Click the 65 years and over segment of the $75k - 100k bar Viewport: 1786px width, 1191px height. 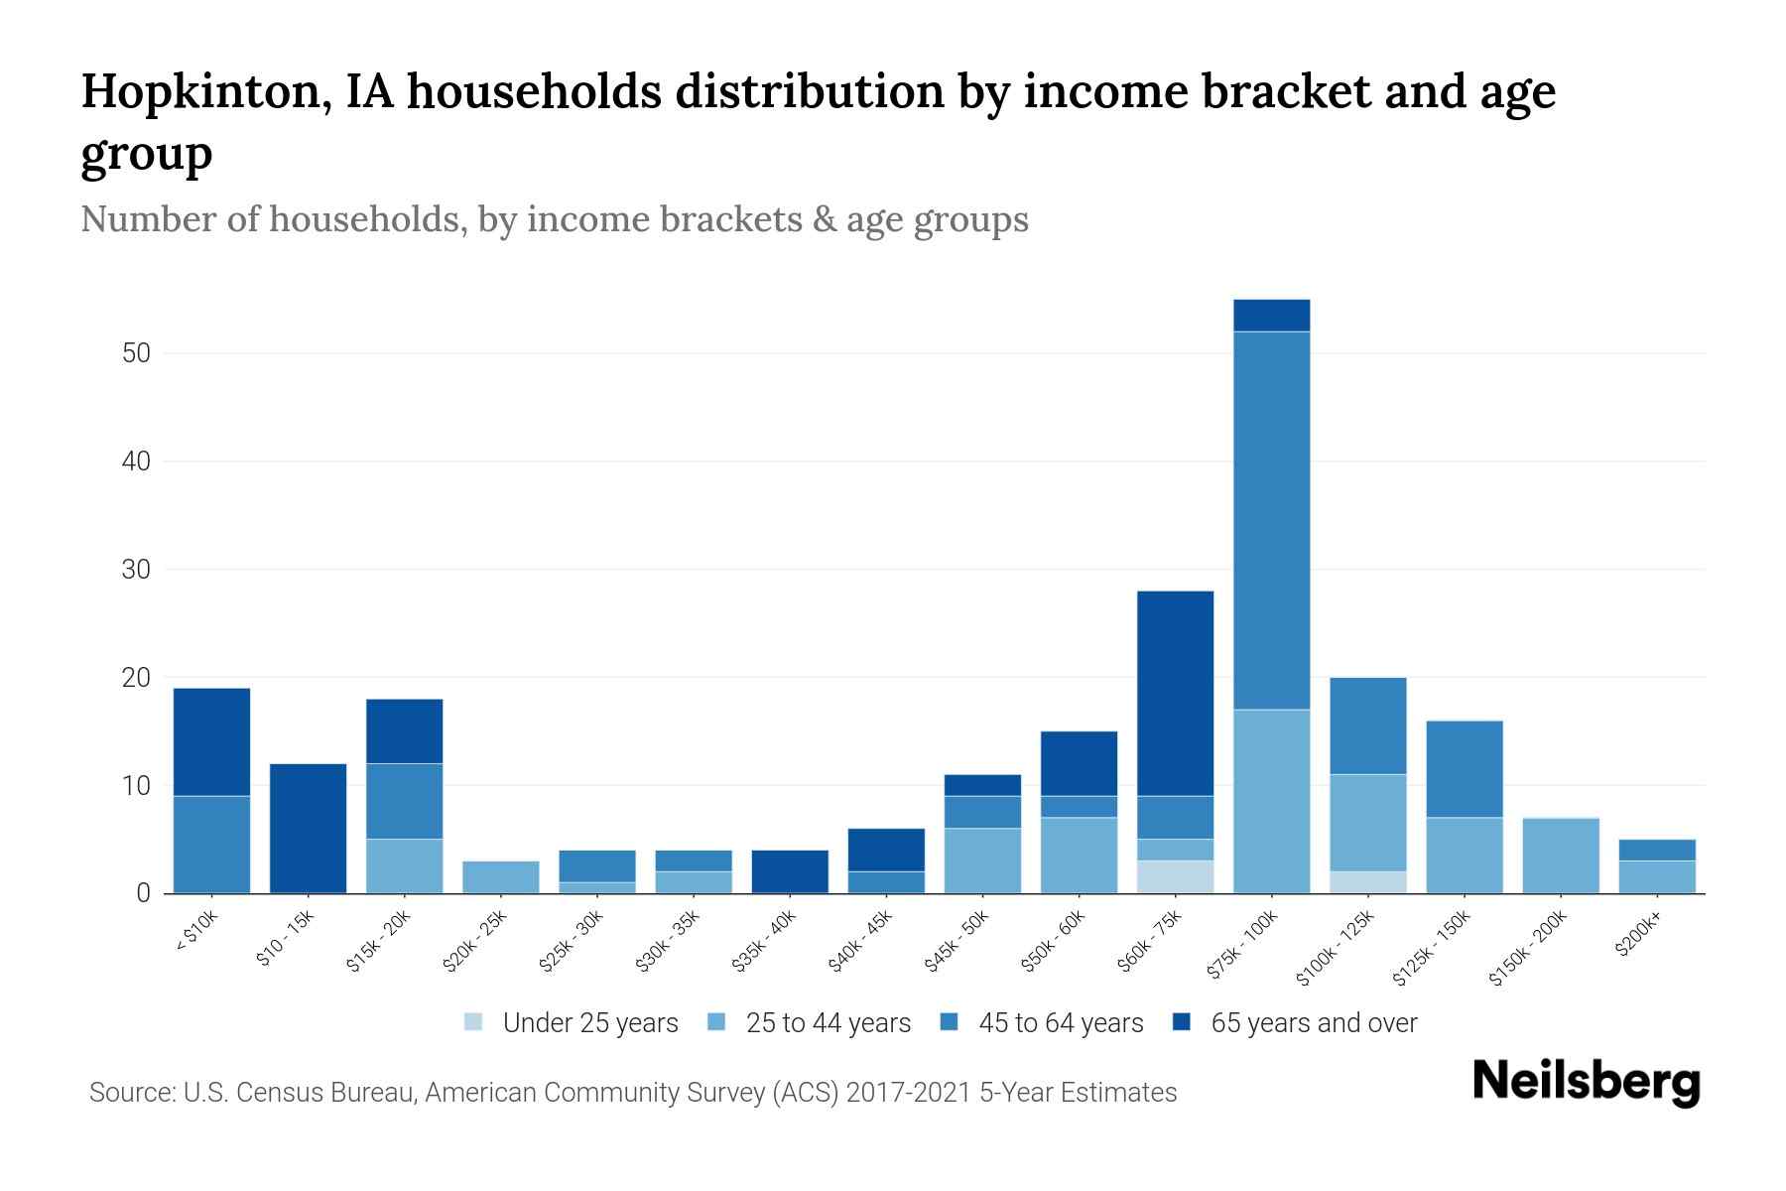point(1271,316)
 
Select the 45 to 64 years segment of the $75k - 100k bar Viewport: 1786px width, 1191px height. point(1271,520)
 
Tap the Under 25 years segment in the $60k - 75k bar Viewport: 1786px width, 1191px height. point(1175,876)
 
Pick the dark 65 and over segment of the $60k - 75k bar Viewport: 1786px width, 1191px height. point(1175,693)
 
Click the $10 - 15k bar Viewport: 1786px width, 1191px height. point(308,828)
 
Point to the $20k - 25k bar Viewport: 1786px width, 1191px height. point(501,876)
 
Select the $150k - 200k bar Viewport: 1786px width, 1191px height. point(1561,856)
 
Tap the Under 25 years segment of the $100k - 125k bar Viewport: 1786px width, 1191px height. point(1367,882)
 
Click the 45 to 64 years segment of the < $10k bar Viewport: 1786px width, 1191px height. point(211,844)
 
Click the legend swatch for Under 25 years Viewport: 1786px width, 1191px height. point(474,1022)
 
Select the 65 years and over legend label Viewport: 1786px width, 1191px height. point(1314,1023)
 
